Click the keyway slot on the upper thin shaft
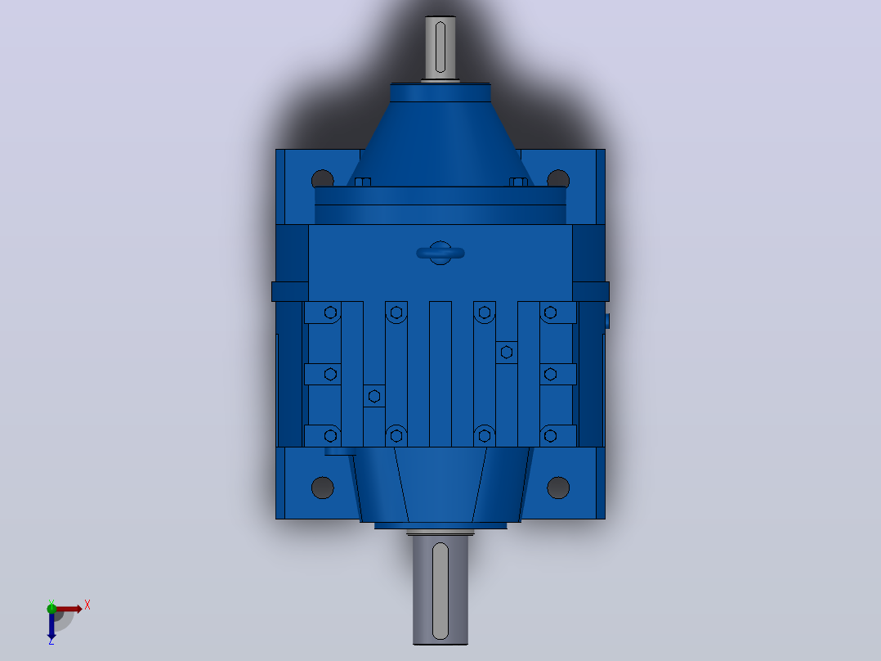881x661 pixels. point(440,47)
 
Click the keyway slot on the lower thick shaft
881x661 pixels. point(440,591)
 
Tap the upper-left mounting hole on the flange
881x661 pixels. point(323,179)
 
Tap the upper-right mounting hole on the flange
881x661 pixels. point(558,179)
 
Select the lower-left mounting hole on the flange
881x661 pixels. point(323,488)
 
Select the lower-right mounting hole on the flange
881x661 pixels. point(558,488)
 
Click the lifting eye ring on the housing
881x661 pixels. point(440,253)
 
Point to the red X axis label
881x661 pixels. point(87,605)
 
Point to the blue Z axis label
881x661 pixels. point(51,641)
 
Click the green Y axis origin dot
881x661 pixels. point(51,608)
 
